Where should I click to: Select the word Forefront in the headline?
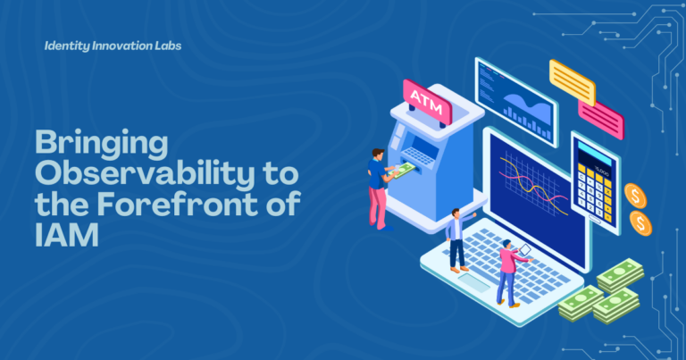pos(178,204)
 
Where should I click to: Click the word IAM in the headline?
pos(66,235)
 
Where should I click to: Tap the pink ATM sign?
pos(427,102)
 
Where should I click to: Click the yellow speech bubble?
pos(573,82)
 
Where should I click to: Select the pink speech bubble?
pos(601,119)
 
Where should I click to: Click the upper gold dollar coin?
pos(635,196)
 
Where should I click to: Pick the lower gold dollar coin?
pos(641,223)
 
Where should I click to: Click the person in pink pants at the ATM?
pos(379,189)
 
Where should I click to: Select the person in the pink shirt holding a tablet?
pos(510,273)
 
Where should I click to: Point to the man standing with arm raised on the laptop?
pos(457,239)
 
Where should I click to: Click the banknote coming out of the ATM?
pos(401,170)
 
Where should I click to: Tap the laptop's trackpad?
pos(473,281)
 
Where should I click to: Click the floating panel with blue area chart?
pos(516,103)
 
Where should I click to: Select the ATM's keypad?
pos(418,156)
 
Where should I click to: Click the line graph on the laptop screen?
pos(534,185)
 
